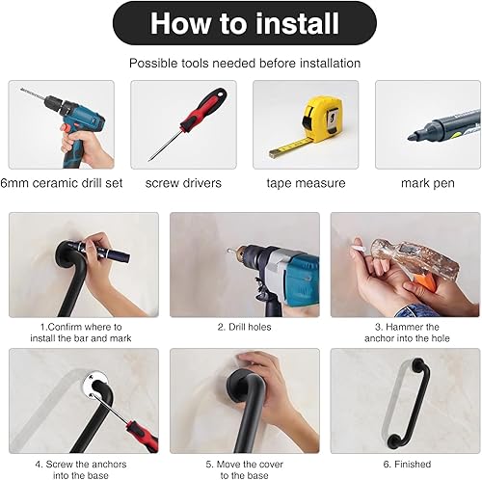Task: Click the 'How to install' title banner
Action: (x=245, y=23)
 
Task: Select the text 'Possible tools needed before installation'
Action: (x=245, y=63)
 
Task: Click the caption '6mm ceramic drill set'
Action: (x=62, y=181)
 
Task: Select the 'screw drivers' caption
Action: (x=183, y=181)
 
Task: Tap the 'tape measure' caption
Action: (x=305, y=181)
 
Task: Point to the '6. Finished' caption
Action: (x=405, y=464)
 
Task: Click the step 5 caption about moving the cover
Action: (x=245, y=469)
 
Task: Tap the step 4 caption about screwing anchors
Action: (x=81, y=469)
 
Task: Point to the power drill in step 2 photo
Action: (x=270, y=265)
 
